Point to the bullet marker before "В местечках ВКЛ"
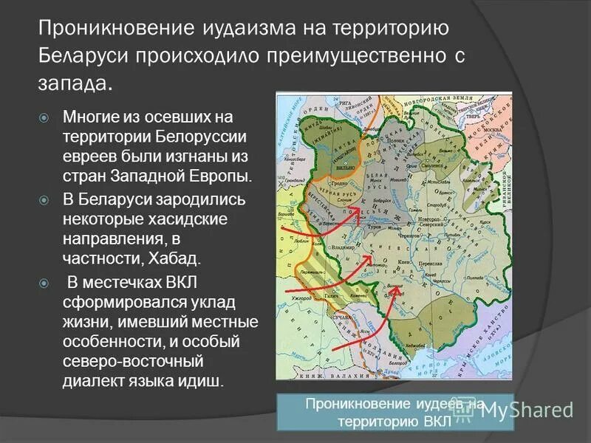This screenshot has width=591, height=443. click(44, 284)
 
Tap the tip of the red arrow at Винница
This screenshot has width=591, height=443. click(400, 288)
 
